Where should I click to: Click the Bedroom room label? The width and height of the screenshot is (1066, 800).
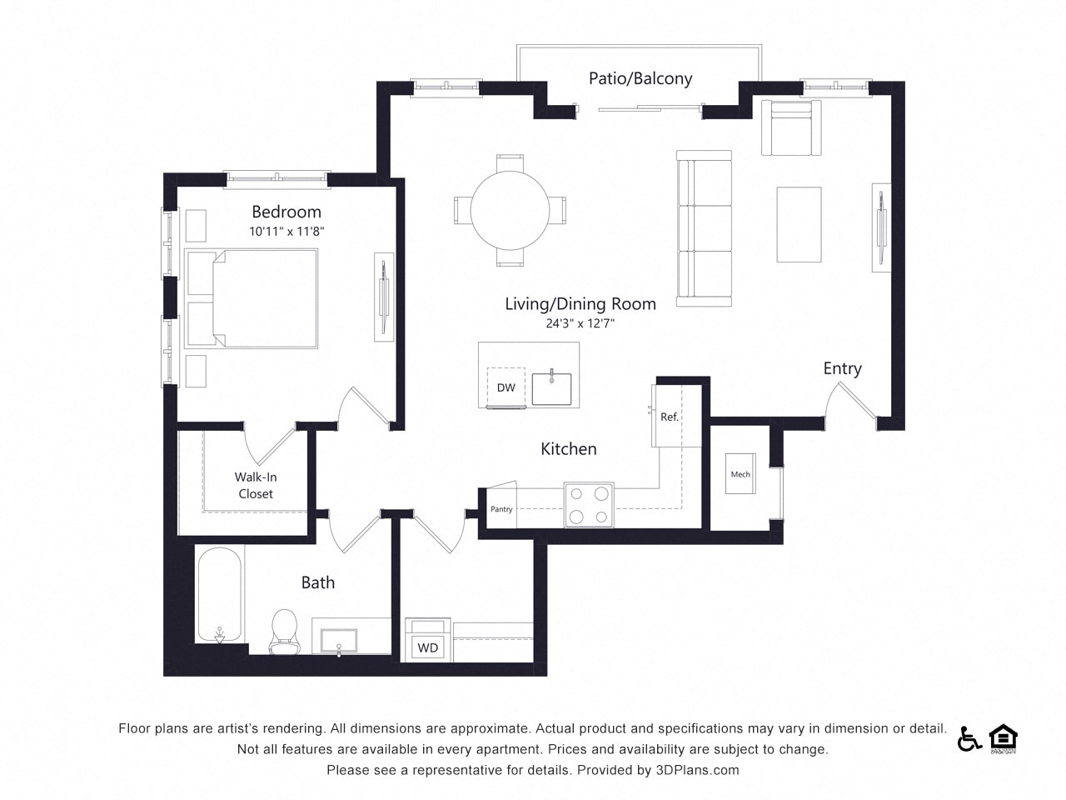pyautogui.click(x=286, y=212)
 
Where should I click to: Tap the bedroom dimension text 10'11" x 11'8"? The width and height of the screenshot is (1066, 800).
pyautogui.click(x=286, y=232)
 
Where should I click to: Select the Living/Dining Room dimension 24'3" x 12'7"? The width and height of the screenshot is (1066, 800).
pyautogui.click(x=580, y=323)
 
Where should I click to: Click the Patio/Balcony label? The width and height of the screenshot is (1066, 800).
pyautogui.click(x=640, y=78)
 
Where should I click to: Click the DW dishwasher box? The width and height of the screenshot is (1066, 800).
pyautogui.click(x=506, y=387)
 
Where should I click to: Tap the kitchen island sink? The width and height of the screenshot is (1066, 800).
pyautogui.click(x=551, y=388)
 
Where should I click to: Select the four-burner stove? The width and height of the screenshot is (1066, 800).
pyautogui.click(x=588, y=505)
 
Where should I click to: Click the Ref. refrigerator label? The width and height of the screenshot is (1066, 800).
pyautogui.click(x=670, y=417)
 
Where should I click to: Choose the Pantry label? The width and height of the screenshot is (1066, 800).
pyautogui.click(x=501, y=509)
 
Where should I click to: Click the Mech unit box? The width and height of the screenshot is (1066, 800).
pyautogui.click(x=740, y=474)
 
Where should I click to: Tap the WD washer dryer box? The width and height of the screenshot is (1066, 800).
pyautogui.click(x=427, y=647)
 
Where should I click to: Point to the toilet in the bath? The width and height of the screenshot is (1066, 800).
pyautogui.click(x=284, y=632)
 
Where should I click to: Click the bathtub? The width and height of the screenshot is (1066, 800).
pyautogui.click(x=220, y=594)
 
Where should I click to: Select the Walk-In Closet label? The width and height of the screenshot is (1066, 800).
pyautogui.click(x=256, y=485)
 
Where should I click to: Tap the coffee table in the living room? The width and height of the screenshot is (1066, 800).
pyautogui.click(x=799, y=224)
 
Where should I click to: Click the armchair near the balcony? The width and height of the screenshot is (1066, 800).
pyautogui.click(x=790, y=127)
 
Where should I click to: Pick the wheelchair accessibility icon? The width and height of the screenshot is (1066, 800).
pyautogui.click(x=969, y=738)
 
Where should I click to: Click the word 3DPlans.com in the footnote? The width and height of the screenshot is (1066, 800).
pyautogui.click(x=699, y=770)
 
